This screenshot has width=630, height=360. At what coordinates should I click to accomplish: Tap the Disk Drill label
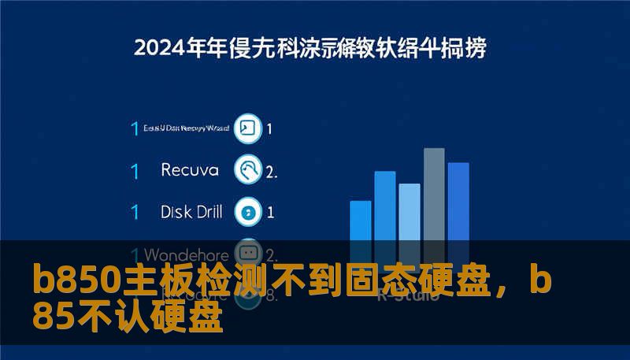pos(191,211)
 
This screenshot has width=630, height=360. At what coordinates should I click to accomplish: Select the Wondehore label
pos(187,254)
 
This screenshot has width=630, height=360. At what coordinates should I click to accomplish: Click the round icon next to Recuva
pos(249,169)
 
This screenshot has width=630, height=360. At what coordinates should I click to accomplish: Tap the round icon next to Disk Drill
pos(249,211)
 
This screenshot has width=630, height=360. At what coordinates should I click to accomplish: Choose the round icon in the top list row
pos(249,128)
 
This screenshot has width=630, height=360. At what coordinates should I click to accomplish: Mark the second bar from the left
pos(385,206)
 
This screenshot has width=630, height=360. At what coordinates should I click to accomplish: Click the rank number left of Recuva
pos(135,169)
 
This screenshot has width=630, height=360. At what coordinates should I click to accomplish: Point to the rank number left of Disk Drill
pos(135,211)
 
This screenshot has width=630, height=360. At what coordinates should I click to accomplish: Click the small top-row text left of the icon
pos(187,128)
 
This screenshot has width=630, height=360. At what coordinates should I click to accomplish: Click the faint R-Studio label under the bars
pos(402,295)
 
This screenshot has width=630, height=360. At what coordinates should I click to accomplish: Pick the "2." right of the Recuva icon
pos(271,170)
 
